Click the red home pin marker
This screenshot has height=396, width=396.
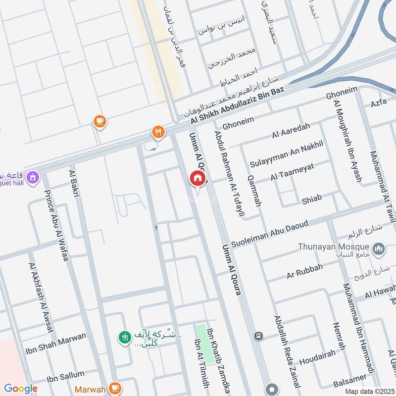pyautogui.click(x=197, y=178)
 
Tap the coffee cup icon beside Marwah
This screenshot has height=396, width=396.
pyautogui.click(x=115, y=388)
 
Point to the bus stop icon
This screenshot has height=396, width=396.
pyautogui.click(x=258, y=336)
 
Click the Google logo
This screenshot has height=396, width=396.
pyautogui.click(x=21, y=389)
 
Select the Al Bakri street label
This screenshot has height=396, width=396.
pyautogui.click(x=75, y=183)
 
